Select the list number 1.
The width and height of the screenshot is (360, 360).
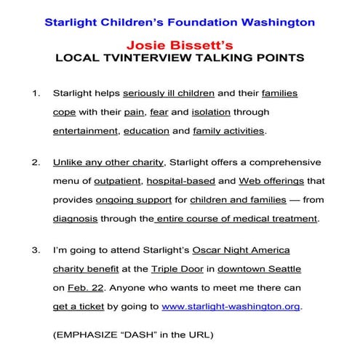(37, 95)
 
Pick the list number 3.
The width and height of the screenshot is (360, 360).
(37, 252)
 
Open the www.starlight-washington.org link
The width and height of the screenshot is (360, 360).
(241, 305)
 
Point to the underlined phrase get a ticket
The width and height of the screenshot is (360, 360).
(79, 305)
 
